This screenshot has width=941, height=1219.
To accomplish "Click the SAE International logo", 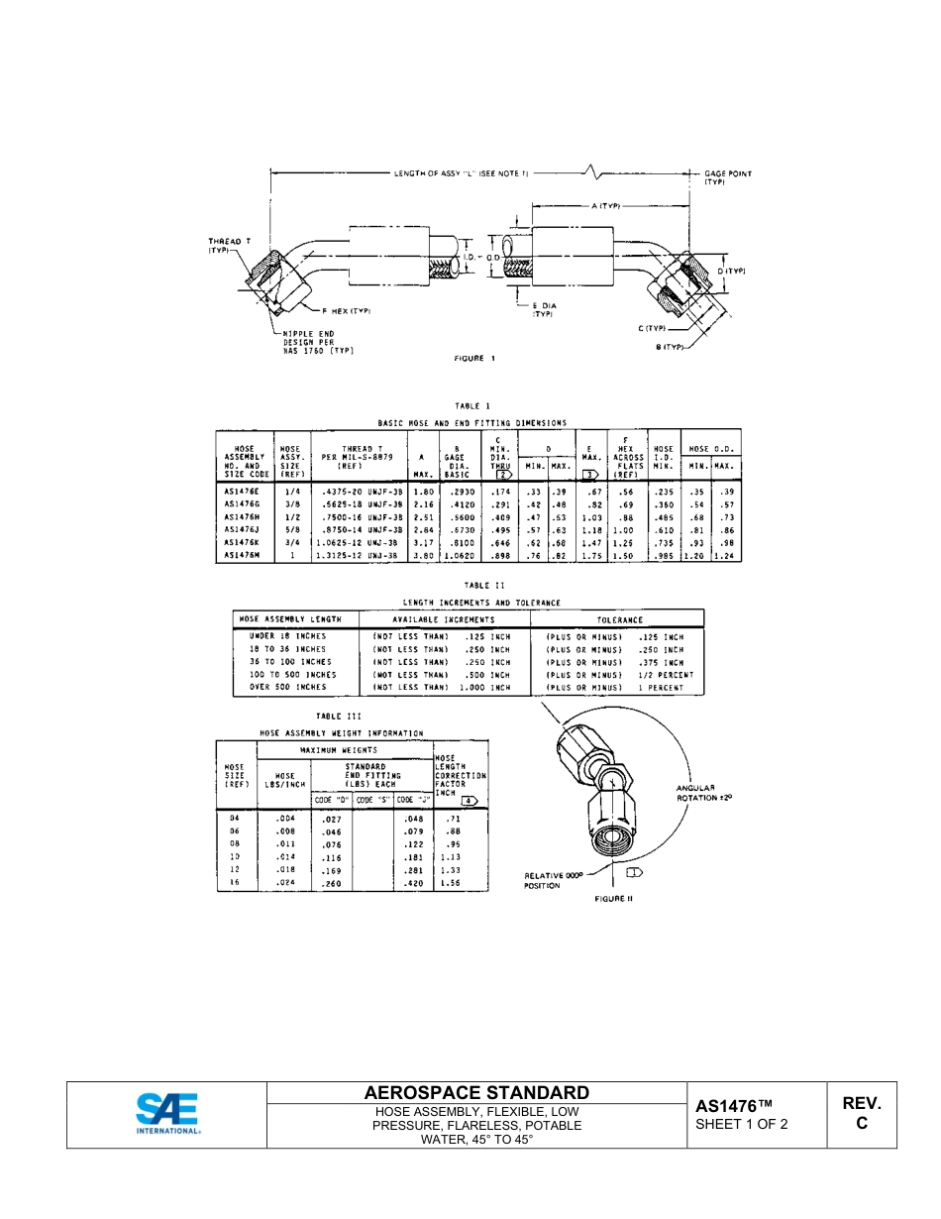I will [x=167, y=1114].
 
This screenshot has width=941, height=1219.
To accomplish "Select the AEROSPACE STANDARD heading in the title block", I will [x=476, y=1092].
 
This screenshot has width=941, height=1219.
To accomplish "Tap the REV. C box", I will [x=861, y=1113].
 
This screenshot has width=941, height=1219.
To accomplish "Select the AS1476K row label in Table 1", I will [x=241, y=542].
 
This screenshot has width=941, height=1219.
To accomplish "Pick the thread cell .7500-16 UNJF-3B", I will [x=359, y=516].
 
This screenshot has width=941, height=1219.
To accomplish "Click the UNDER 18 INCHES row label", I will [x=287, y=636].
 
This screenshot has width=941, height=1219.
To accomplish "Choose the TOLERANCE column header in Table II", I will [x=619, y=619].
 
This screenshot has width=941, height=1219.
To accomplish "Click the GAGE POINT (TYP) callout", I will [x=727, y=177].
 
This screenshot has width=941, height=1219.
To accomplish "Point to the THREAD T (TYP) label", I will [x=229, y=245].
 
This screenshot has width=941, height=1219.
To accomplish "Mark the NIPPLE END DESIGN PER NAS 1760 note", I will [x=317, y=342].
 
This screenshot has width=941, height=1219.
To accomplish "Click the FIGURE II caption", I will [x=613, y=898].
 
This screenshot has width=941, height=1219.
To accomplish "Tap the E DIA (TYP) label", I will [x=544, y=309].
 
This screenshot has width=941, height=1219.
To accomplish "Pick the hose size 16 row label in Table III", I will [x=235, y=881].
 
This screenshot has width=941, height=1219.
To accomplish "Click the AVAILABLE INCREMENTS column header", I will [x=444, y=619].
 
